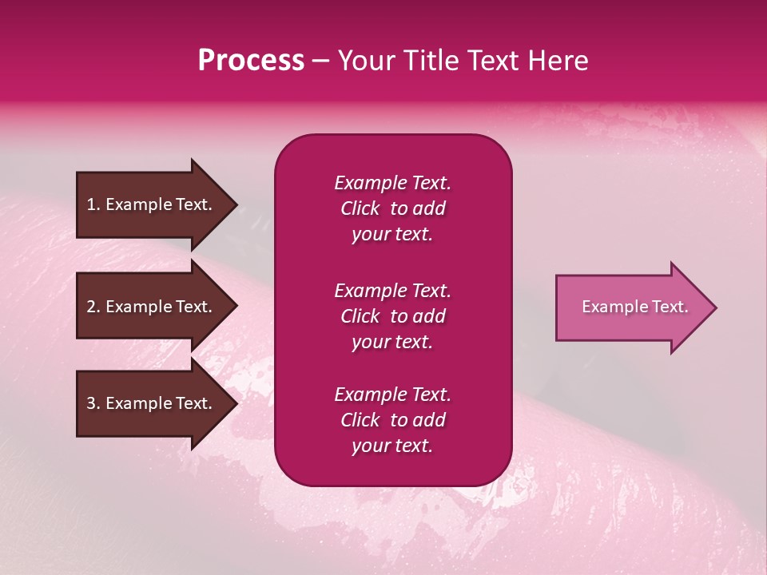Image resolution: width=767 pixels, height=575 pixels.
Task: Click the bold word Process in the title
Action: pyautogui.click(x=251, y=61)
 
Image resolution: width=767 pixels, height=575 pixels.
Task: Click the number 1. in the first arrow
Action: pyautogui.click(x=93, y=204)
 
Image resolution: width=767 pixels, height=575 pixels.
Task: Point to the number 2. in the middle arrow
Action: pyautogui.click(x=93, y=307)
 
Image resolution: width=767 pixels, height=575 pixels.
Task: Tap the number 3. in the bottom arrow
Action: pyautogui.click(x=93, y=403)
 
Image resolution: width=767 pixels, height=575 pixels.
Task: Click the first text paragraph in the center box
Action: pyautogui.click(x=392, y=208)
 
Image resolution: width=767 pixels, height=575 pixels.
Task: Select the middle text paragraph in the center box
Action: pyautogui.click(x=392, y=316)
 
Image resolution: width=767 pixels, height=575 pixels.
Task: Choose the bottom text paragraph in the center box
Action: pyautogui.click(x=392, y=420)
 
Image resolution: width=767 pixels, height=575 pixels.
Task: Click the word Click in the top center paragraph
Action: pyautogui.click(x=360, y=208)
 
